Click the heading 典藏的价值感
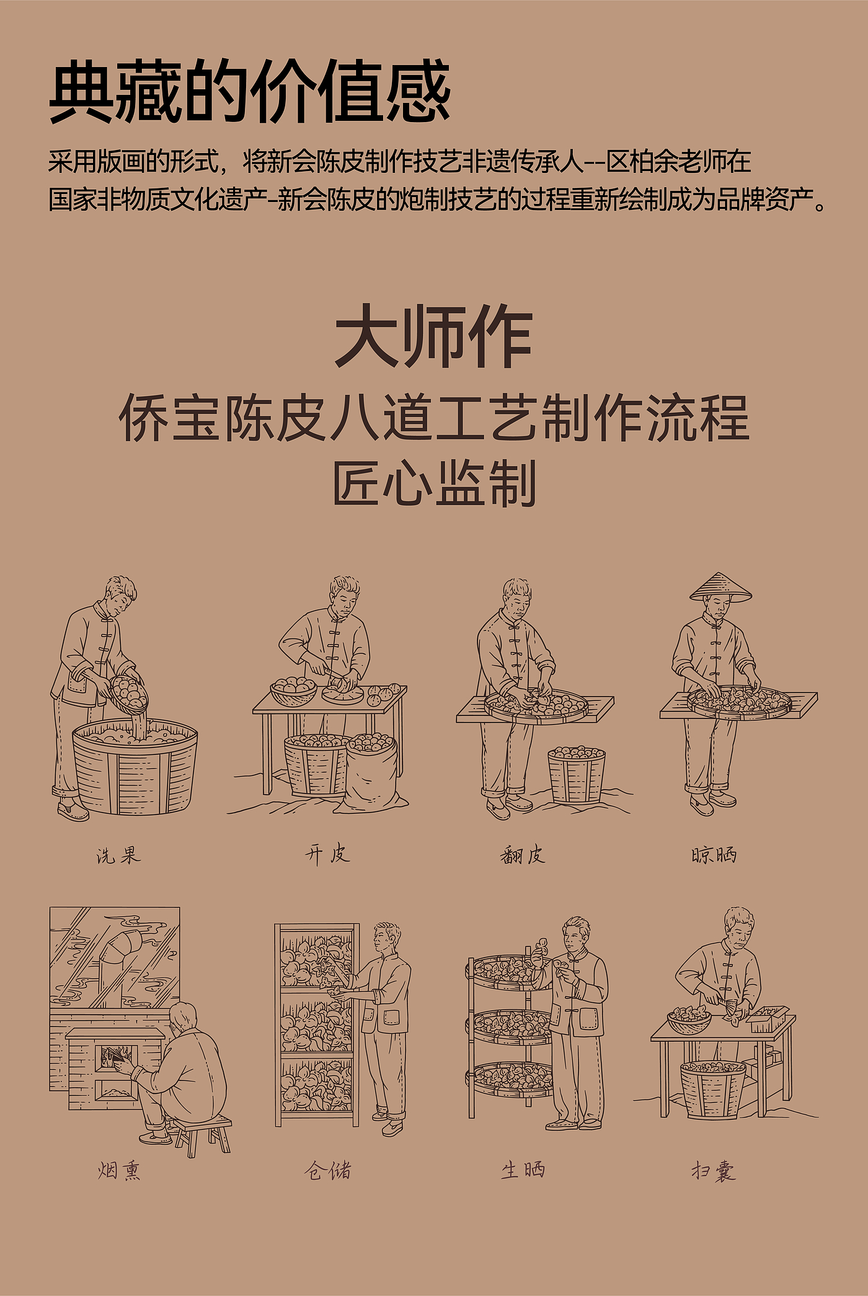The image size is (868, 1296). (x=249, y=91)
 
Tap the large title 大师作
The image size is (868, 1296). (x=433, y=337)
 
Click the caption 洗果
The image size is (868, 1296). (x=118, y=855)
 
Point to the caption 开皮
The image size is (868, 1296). (x=327, y=855)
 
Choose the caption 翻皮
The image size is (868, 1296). (x=523, y=855)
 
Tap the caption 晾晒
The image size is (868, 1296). (x=714, y=855)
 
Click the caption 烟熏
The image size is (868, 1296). (x=119, y=1170)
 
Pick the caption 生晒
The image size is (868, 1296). (x=523, y=1170)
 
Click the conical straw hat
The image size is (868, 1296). (x=720, y=587)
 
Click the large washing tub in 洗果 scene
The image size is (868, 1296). (x=135, y=766)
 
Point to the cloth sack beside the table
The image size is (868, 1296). (x=374, y=772)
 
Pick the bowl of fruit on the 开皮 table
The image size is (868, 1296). (x=293, y=690)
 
